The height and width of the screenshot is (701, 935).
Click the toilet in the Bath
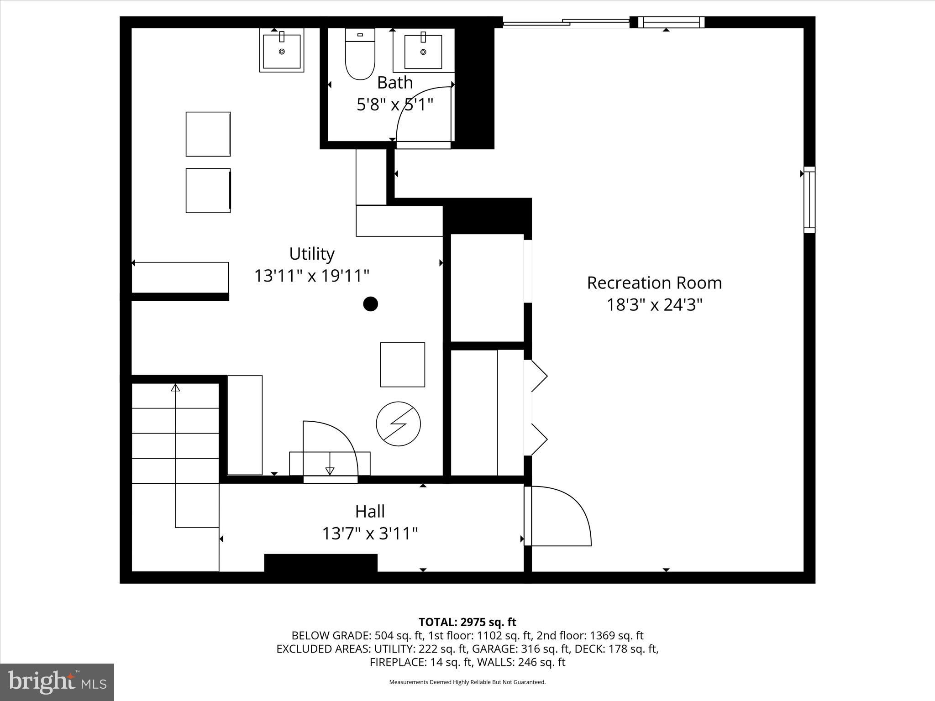coord(360,55)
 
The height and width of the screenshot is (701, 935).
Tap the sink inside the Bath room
coord(423,51)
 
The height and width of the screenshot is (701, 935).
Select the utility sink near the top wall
coord(282,50)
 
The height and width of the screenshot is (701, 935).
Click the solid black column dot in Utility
coord(370,303)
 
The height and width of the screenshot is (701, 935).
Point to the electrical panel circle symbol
coord(398,424)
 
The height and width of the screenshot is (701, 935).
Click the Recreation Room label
coord(654,282)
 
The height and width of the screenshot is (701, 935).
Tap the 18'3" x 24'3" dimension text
coord(654,304)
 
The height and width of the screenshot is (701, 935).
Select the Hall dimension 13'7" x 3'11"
coord(370,533)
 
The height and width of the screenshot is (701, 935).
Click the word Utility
coord(312,253)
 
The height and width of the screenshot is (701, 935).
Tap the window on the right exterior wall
coord(809,200)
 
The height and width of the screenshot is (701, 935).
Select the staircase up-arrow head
coord(175,387)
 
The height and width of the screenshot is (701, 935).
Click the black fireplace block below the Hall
coord(320,563)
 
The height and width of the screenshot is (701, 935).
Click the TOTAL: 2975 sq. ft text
coord(467,622)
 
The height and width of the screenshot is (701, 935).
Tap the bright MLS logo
coord(57,682)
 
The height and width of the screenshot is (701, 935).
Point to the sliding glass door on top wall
coord(566,21)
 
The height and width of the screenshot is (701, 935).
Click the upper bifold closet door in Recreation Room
coord(539,376)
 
